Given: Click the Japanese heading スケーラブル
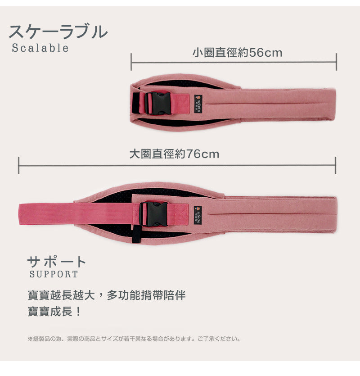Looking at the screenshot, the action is [58, 32].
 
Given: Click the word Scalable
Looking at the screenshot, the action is [40, 48].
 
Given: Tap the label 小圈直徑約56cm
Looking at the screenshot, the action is [237, 53].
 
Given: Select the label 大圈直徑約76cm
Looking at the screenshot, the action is [174, 154].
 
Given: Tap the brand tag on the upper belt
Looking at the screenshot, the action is [198, 104].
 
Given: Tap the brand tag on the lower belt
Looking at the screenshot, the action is [198, 215].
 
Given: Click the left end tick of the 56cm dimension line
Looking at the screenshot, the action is [131, 62].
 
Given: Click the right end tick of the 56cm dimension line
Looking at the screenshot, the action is [336, 62].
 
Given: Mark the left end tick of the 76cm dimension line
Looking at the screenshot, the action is [19, 165].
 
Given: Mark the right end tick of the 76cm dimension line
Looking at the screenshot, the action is [336, 165].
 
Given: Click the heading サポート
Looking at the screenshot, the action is [57, 262].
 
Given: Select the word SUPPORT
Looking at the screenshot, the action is [54, 274].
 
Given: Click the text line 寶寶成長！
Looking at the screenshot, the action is [54, 312].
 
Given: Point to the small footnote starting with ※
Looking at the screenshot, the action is [134, 339].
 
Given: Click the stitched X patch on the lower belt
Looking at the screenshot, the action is [181, 214].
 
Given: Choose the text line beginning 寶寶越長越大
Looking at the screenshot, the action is [107, 295].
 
